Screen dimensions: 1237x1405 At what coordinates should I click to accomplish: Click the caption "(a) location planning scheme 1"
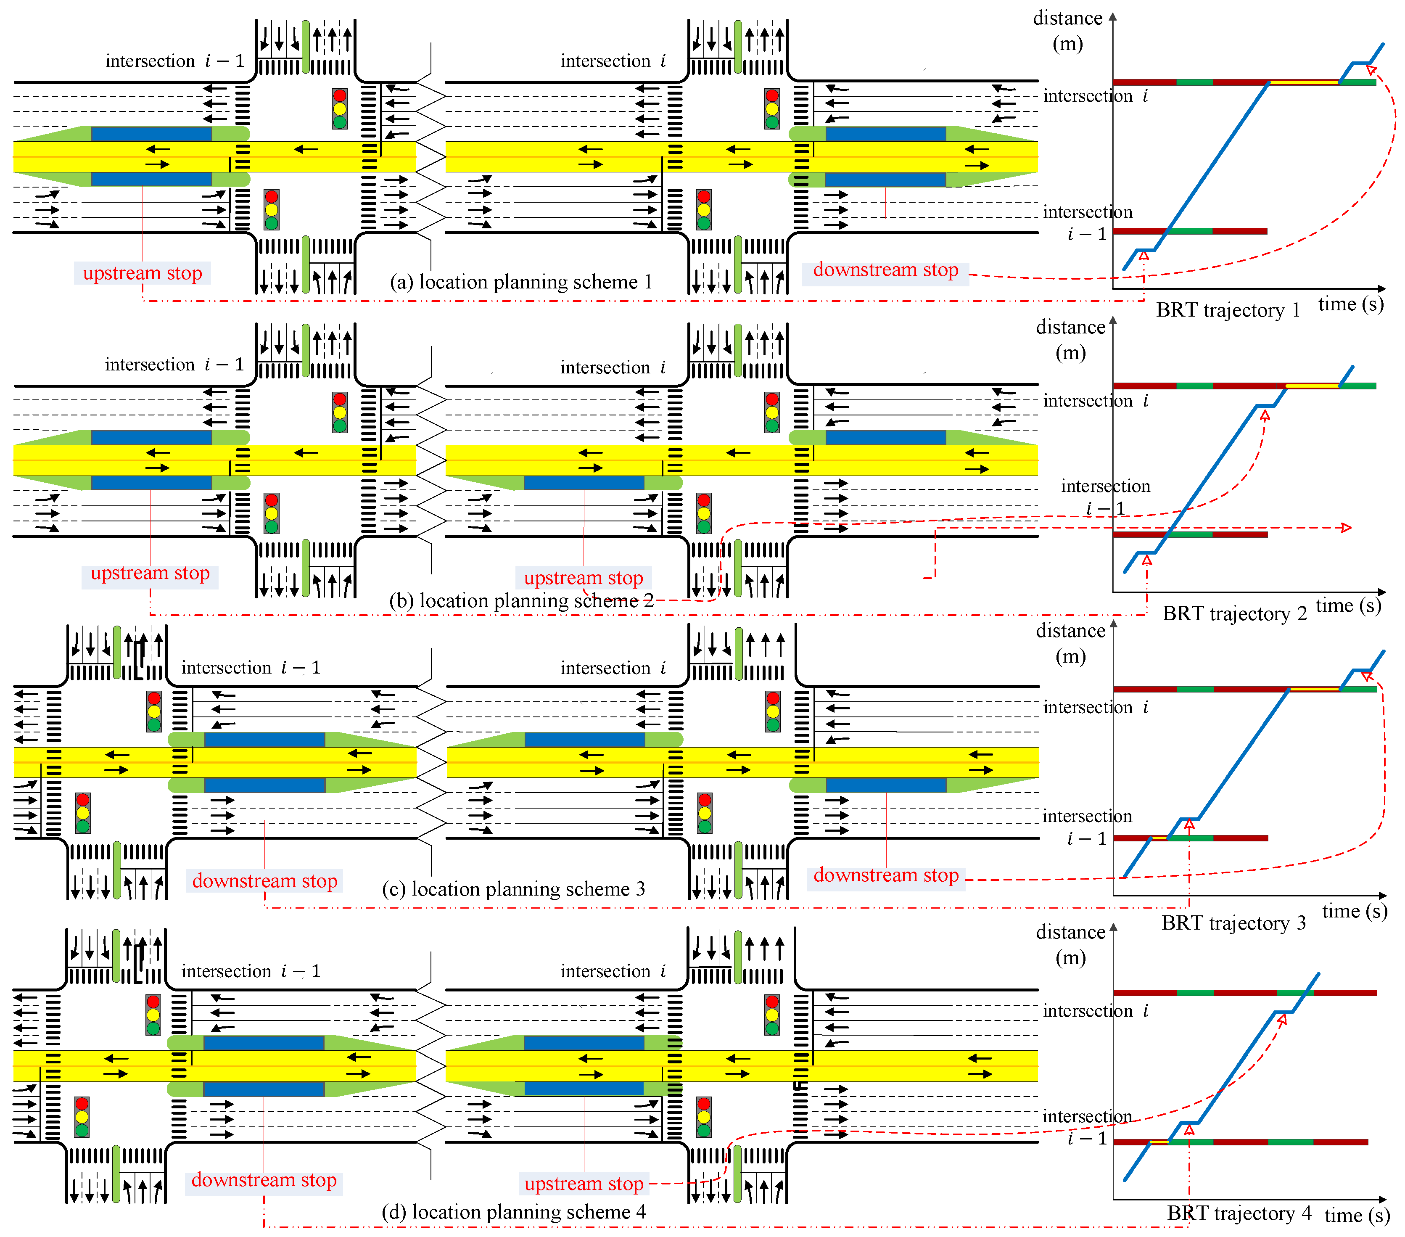tap(520, 282)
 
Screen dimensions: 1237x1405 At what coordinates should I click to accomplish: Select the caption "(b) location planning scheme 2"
tap(520, 600)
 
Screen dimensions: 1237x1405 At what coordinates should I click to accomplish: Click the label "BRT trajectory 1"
tap(1228, 310)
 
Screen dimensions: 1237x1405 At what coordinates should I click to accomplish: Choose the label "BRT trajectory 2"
tap(1235, 613)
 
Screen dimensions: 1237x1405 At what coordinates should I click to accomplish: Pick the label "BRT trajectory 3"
tap(1234, 923)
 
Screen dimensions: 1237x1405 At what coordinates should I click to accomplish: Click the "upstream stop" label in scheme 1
tap(142, 273)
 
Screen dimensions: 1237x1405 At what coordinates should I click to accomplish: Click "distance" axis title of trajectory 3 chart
tap(1070, 631)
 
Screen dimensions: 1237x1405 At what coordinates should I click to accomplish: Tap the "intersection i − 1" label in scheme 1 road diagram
tap(174, 61)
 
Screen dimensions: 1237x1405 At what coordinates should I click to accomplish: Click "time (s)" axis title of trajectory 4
tap(1357, 1215)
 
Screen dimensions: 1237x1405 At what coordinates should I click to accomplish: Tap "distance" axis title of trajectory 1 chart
tap(1067, 19)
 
